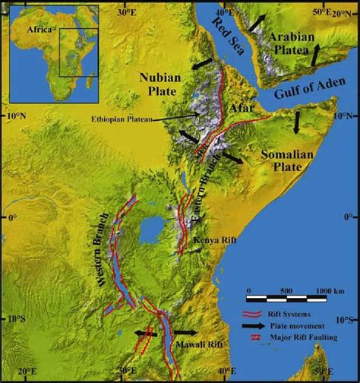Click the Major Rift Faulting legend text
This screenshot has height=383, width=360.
pyautogui.click(x=307, y=337)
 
